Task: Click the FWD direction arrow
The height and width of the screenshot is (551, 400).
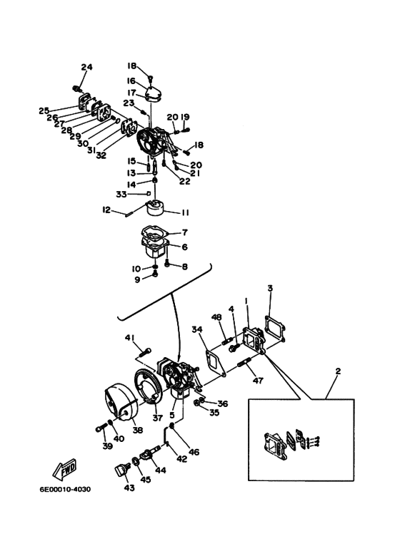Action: click(x=64, y=470)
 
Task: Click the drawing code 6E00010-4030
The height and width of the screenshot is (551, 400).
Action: click(x=65, y=489)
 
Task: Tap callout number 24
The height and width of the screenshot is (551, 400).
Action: click(x=86, y=67)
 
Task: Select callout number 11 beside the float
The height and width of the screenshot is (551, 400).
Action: click(x=185, y=212)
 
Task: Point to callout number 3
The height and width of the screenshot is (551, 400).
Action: click(x=270, y=289)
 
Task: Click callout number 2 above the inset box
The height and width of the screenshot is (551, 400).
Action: click(x=339, y=371)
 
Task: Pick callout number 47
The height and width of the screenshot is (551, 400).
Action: click(x=258, y=380)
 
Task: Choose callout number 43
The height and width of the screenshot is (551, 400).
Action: click(x=129, y=488)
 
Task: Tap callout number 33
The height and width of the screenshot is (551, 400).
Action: click(x=121, y=194)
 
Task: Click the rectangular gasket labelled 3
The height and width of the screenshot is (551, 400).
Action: click(x=275, y=328)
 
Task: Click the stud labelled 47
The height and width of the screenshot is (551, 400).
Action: click(x=244, y=362)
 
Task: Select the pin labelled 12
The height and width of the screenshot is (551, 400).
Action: click(x=129, y=213)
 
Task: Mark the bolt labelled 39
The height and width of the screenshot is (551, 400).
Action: click(x=101, y=428)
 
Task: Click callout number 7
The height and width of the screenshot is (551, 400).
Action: click(x=185, y=232)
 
